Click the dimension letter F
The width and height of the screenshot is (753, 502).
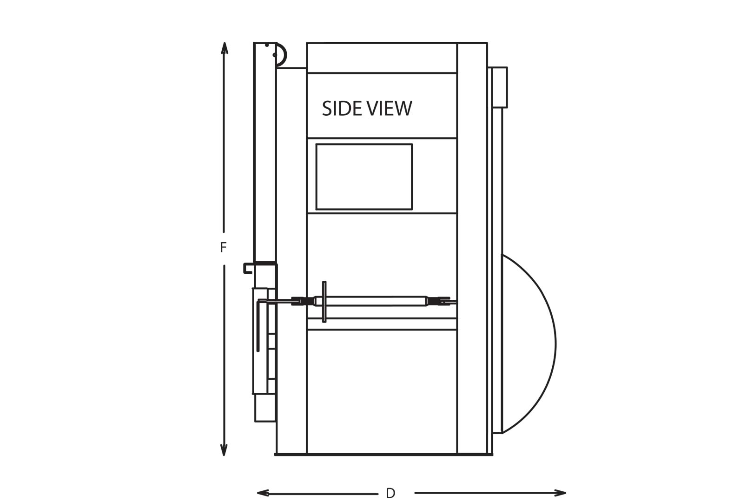(x=223, y=247)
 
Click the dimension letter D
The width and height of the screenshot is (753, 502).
(x=390, y=493)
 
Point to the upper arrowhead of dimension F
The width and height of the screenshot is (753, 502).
(x=224, y=48)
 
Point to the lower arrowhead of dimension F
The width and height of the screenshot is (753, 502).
(x=224, y=450)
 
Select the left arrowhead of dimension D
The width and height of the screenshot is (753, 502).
(x=263, y=493)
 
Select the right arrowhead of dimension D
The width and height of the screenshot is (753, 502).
(x=560, y=493)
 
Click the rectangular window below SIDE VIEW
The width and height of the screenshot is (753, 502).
(x=364, y=177)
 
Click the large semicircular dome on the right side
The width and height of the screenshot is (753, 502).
(x=555, y=343)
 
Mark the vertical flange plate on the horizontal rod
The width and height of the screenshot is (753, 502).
(x=324, y=302)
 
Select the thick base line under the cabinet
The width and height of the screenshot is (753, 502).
(x=383, y=455)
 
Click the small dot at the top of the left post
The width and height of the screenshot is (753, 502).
(x=267, y=45)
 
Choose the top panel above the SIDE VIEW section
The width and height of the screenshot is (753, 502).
(x=382, y=58)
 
